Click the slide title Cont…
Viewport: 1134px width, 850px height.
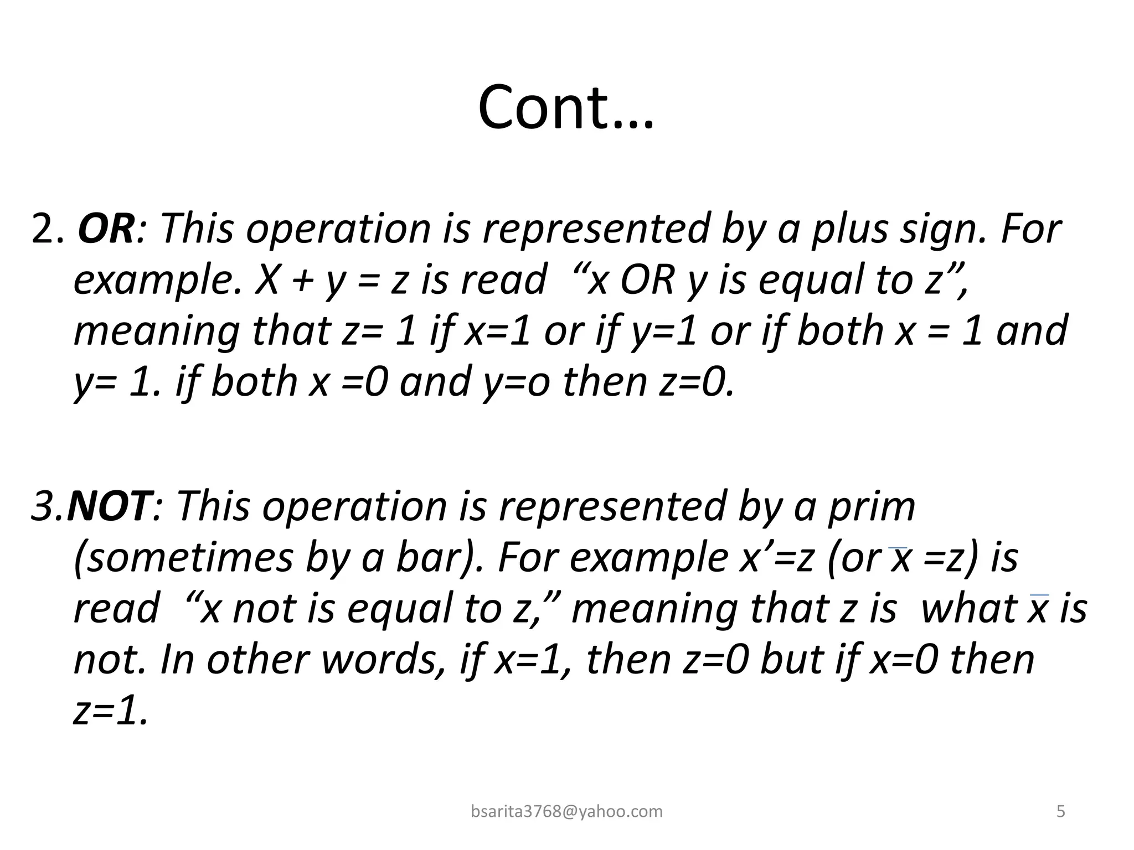pyautogui.click(x=565, y=108)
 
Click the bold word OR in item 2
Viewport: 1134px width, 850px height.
pyautogui.click(x=106, y=229)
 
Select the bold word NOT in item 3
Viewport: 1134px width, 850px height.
pyautogui.click(x=109, y=507)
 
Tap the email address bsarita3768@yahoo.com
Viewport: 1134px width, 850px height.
pyautogui.click(x=566, y=811)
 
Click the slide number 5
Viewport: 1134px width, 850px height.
pyautogui.click(x=1061, y=811)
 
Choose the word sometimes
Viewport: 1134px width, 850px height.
pyautogui.click(x=183, y=558)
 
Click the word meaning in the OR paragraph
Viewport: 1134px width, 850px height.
pyautogui.click(x=157, y=331)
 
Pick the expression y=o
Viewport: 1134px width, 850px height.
pyautogui.click(x=517, y=382)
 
